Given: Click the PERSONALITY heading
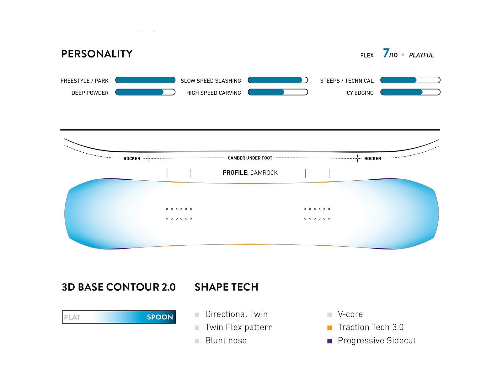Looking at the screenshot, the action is (97, 54).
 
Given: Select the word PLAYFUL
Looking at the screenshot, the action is (421, 55).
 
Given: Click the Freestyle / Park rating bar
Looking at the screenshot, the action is (145, 80).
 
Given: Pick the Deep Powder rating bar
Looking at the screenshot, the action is (145, 92).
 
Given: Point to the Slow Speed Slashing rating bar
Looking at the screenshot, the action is (278, 80).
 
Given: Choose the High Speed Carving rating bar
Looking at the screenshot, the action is (278, 92).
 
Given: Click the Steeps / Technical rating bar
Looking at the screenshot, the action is (410, 80).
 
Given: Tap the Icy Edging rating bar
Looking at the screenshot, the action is (410, 92).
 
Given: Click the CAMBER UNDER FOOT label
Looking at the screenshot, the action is (250, 158).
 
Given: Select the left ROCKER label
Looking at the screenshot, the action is (132, 159).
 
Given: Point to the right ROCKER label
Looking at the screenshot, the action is (372, 159).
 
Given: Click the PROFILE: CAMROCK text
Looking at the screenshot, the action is (250, 172).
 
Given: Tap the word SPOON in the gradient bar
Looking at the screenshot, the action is (160, 317).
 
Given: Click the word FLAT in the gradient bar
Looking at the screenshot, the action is (72, 317).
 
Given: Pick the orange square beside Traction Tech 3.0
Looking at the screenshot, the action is (329, 328).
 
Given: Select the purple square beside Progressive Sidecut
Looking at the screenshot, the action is (329, 341).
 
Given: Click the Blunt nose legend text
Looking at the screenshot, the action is (226, 341).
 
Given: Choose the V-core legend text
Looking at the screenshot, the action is (350, 314).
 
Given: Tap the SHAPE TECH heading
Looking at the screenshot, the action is (227, 287).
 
